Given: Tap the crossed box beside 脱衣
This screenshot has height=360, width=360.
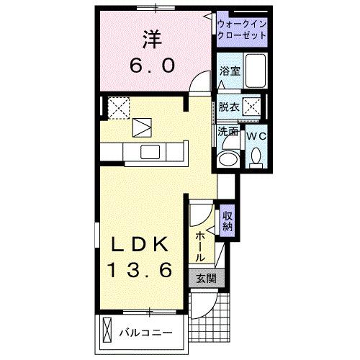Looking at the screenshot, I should (251, 107).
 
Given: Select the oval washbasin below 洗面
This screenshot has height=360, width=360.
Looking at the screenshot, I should (229, 159).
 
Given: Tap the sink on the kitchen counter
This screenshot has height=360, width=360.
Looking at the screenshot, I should (151, 152).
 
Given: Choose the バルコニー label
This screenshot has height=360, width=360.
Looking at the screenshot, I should (145, 333).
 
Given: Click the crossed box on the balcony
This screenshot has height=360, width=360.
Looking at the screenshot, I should (109, 332).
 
